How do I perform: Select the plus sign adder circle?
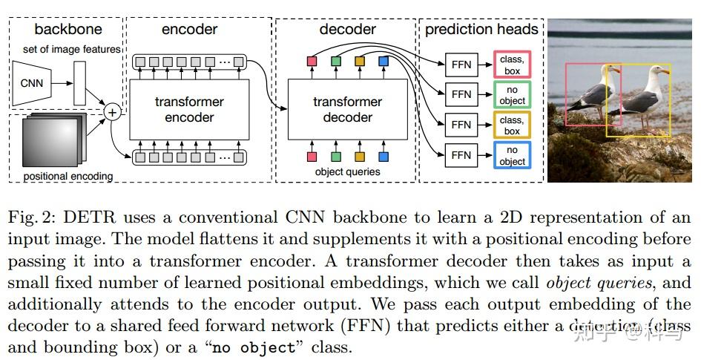[x=113, y=113]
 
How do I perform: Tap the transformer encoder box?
[x=189, y=109]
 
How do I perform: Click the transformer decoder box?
[x=347, y=109]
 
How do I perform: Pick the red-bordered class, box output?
[x=512, y=64]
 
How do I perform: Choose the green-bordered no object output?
[x=512, y=95]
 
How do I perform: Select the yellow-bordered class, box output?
[x=512, y=125]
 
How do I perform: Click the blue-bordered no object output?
[x=512, y=156]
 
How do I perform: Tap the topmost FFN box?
[x=461, y=64]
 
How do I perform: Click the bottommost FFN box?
[x=461, y=155]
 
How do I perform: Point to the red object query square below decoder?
[x=312, y=157]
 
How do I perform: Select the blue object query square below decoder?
[x=384, y=157]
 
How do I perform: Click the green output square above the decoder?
[x=336, y=60]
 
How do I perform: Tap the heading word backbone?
[x=68, y=30]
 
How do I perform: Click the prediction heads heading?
[x=481, y=30]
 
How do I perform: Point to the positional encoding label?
[x=68, y=177]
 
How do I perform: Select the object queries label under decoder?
[x=347, y=171]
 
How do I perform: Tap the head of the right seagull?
[x=657, y=71]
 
